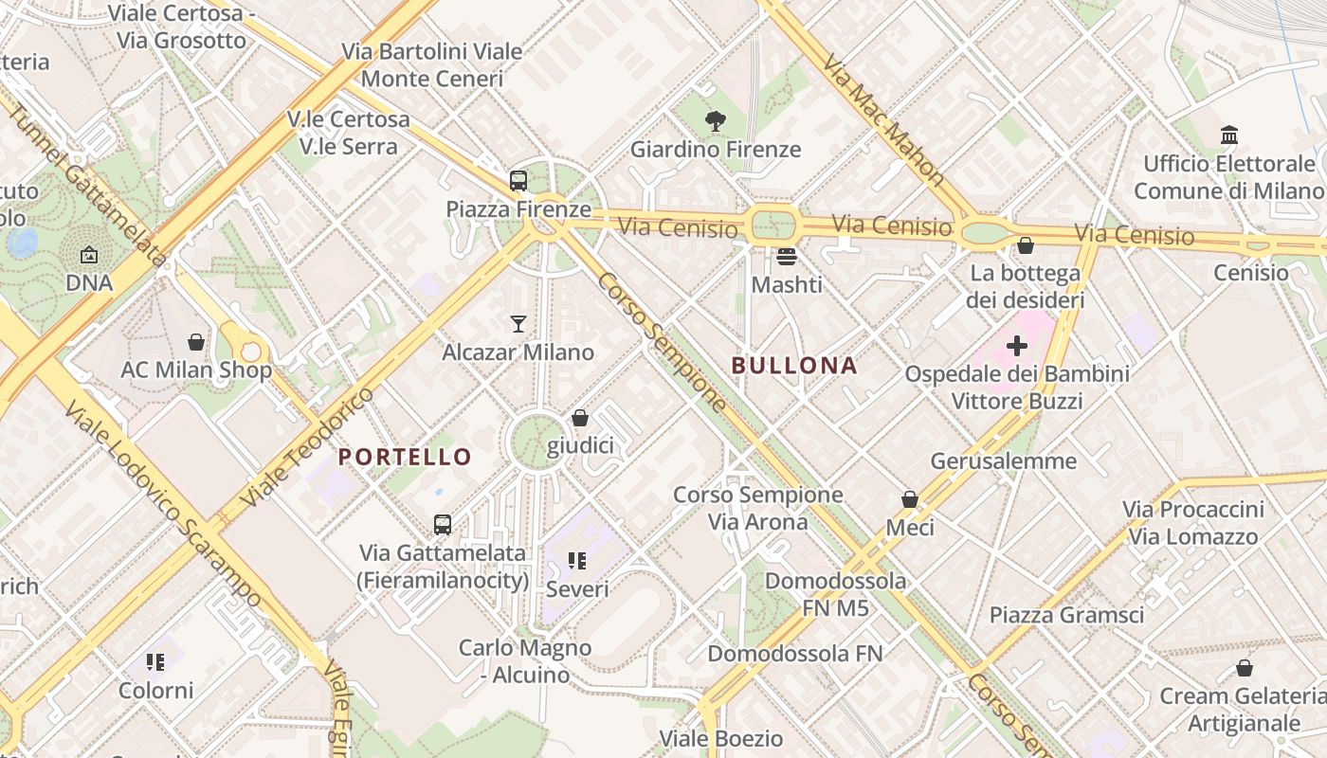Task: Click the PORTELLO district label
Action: pyautogui.click(x=405, y=457)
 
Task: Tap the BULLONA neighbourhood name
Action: pyautogui.click(x=794, y=366)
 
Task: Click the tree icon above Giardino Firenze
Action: pyautogui.click(x=716, y=121)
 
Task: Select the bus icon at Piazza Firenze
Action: pyautogui.click(x=518, y=180)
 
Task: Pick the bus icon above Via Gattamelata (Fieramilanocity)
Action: pyautogui.click(x=442, y=524)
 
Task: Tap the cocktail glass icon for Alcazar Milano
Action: pyautogui.click(x=518, y=324)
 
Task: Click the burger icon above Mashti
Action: pyautogui.click(x=786, y=256)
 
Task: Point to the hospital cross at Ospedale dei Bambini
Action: pyautogui.click(x=1017, y=346)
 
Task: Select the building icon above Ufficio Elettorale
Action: pyautogui.click(x=1229, y=135)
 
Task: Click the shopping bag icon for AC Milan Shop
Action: pyautogui.click(x=196, y=341)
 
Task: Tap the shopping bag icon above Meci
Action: pyautogui.click(x=909, y=498)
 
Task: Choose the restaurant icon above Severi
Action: pyautogui.click(x=577, y=561)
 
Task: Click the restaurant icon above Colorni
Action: pyautogui.click(x=155, y=661)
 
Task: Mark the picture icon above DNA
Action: pyautogui.click(x=89, y=255)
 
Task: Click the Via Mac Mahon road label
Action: pyautogui.click(x=883, y=119)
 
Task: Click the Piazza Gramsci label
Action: pyautogui.click(x=1066, y=615)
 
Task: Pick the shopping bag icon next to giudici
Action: pyautogui.click(x=580, y=418)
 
